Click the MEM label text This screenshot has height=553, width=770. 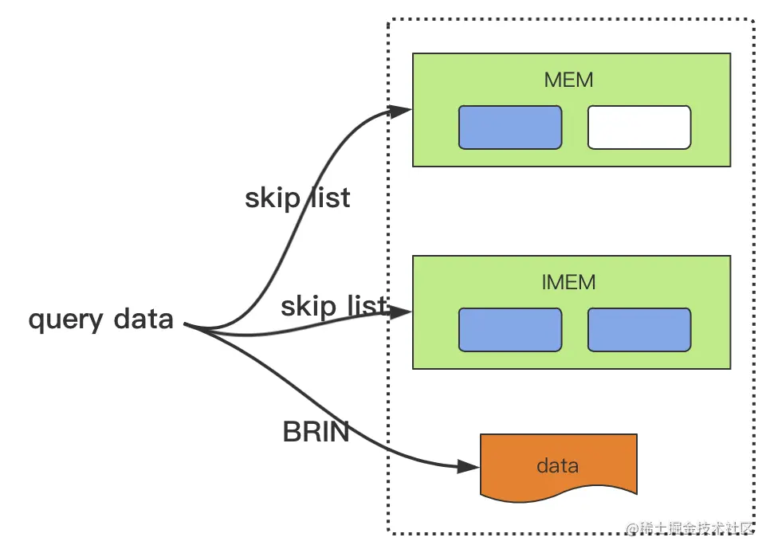tap(568, 80)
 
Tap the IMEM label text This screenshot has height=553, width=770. tap(568, 282)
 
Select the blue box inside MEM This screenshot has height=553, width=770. tap(509, 127)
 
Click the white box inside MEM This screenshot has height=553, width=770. tap(639, 127)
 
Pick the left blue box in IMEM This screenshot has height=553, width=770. tap(509, 330)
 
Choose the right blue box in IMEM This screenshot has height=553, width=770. tap(639, 330)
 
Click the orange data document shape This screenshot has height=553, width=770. tap(558, 467)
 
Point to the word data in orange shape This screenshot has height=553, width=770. tap(557, 465)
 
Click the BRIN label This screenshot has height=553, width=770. tap(316, 432)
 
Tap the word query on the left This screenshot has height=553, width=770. tap(66, 320)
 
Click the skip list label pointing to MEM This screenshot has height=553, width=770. tap(297, 199)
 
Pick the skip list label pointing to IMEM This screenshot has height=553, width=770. tap(335, 307)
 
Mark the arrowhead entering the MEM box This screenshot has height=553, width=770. tap(400, 111)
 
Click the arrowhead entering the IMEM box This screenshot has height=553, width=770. tap(401, 312)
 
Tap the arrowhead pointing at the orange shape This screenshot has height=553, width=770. tap(468, 467)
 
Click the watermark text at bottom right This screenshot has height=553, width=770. tap(689, 528)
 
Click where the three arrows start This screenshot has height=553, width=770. tap(186, 324)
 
